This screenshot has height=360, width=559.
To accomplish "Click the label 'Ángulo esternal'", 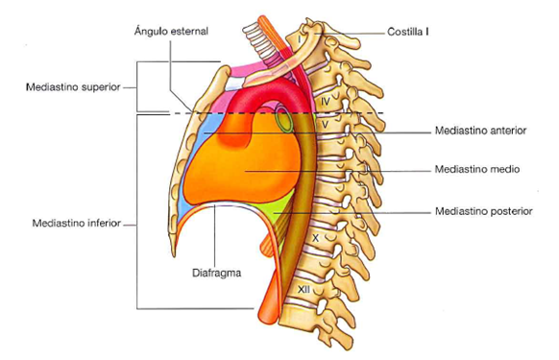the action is tap(171, 31).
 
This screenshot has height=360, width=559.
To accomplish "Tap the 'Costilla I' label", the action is tap(408, 32).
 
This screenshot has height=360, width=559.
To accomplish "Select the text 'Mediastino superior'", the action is tap(73, 87).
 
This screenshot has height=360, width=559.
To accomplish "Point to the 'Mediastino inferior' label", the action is tap(77, 223).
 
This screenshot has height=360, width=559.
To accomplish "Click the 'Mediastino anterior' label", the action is tap(480, 131).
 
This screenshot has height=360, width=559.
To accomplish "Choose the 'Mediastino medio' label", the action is tap(477, 169).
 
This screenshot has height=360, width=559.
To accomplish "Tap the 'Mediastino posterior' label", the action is tap(484, 211).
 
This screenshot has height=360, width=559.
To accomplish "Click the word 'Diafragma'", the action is tap(217, 273).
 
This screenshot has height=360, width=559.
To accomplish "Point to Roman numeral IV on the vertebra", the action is tap(326, 102).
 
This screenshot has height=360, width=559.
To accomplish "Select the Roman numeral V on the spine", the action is tap(325, 125).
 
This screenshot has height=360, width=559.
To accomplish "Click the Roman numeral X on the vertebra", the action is tap(315, 238).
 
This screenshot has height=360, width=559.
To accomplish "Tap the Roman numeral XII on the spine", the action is tap(304, 289).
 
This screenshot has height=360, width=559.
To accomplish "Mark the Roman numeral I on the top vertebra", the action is tap(300, 38).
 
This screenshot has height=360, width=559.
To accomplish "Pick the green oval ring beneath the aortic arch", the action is tap(284, 118).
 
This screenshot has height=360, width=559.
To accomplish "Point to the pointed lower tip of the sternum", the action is tap(174, 255).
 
